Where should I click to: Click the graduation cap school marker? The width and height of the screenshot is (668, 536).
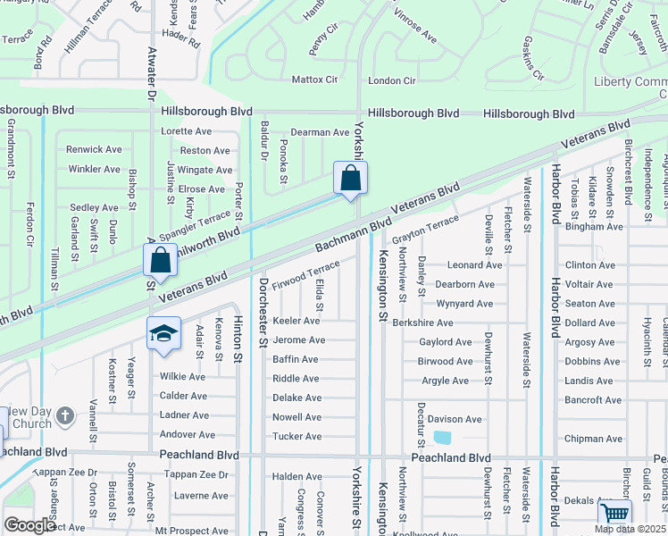pyautogui.click(x=164, y=334)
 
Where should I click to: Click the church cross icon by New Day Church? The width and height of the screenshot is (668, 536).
pyautogui.click(x=64, y=416)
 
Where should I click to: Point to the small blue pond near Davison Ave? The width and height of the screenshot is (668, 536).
pyautogui.click(x=440, y=438)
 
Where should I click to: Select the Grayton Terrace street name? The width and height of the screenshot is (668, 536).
pyautogui.click(x=424, y=229)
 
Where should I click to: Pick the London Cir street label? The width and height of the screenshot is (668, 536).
pyautogui.click(x=392, y=80)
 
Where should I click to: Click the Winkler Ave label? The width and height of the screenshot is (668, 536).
pyautogui.click(x=94, y=169)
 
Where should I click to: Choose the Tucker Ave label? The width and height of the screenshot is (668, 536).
pyautogui.click(x=296, y=436)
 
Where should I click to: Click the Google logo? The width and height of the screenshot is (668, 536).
pyautogui.click(x=29, y=525)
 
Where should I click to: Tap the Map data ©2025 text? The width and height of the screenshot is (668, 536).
pyautogui.click(x=629, y=529)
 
